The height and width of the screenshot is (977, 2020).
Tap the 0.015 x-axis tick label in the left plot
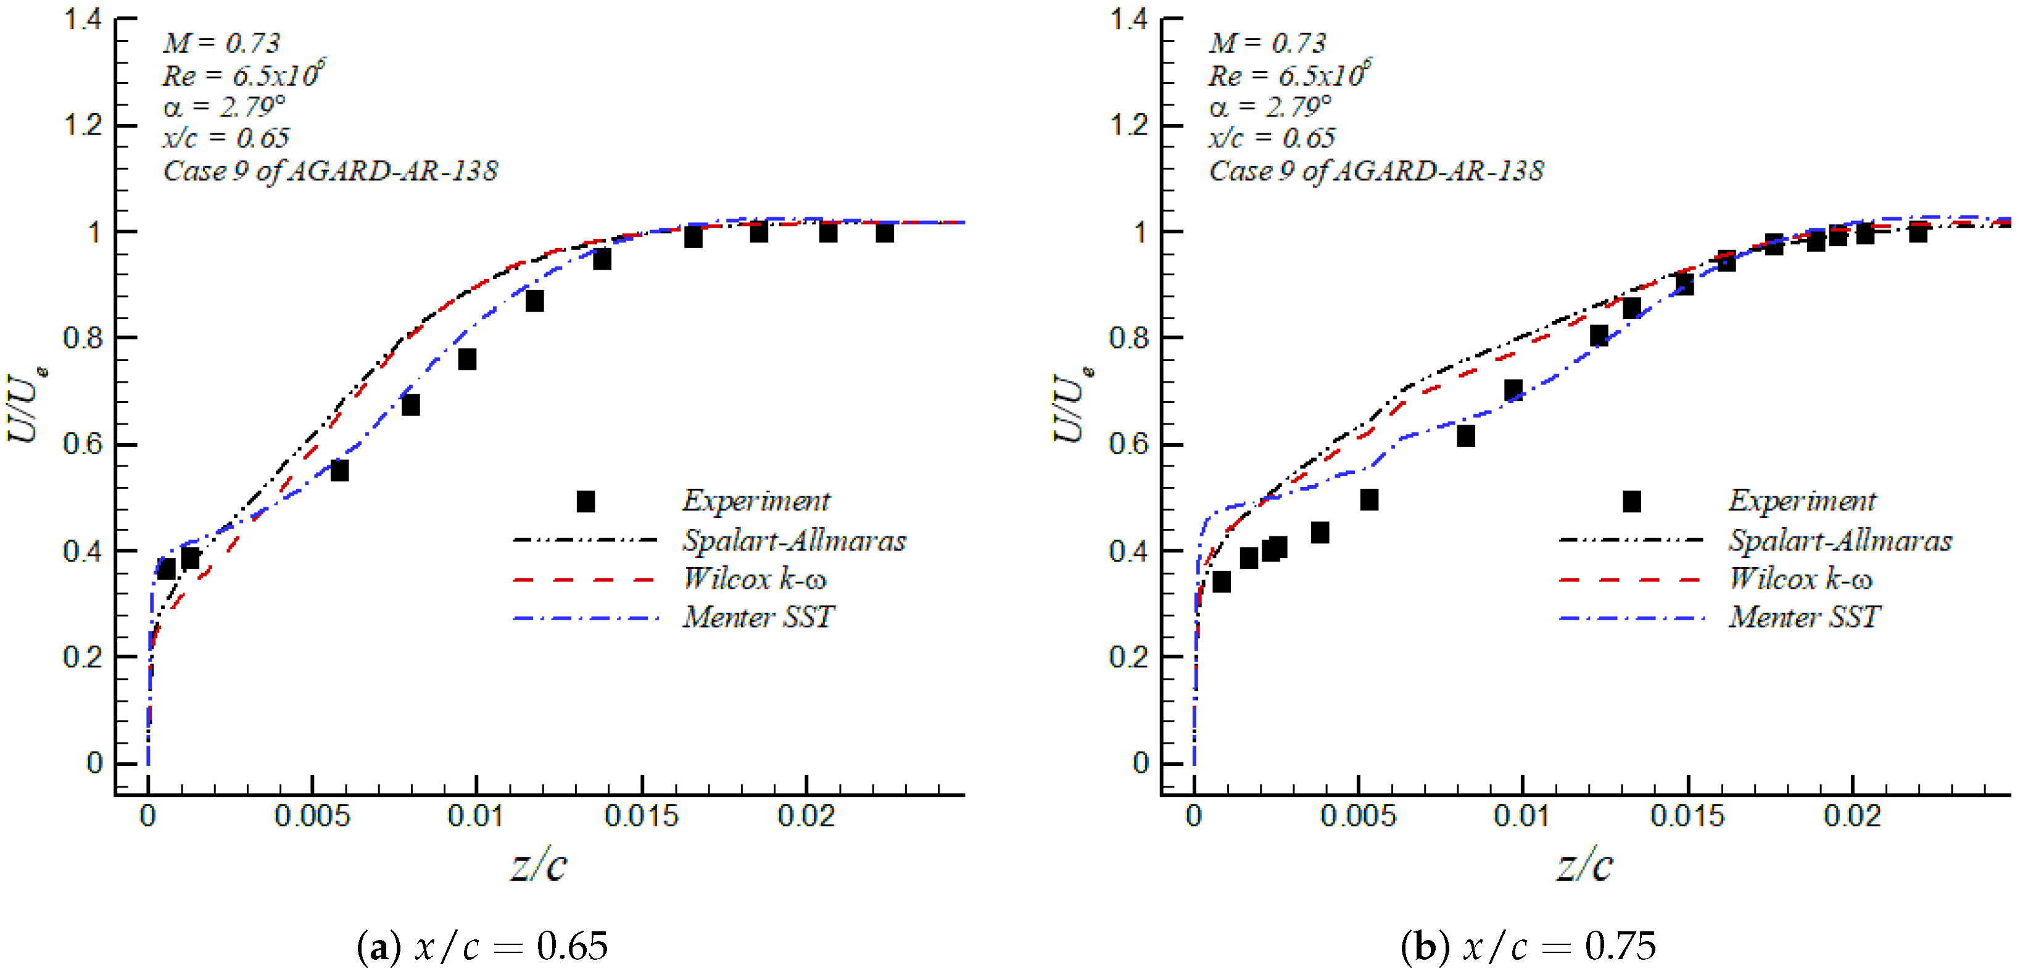pos(640,817)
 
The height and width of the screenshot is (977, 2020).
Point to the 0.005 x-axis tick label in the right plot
pos(1357,817)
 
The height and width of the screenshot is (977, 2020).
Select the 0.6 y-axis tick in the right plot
pos(1128,444)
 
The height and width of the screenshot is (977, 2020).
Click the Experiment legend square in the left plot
pos(586,501)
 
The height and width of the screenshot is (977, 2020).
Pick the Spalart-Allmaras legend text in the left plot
pos(793,540)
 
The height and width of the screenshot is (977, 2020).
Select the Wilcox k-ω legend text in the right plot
pos(1800,579)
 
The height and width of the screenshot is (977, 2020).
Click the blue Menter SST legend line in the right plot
pos(1631,618)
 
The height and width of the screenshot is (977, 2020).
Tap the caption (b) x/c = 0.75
pos(1528,946)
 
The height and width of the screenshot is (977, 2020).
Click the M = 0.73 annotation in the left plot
pos(221,43)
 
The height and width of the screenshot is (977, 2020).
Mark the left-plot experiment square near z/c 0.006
pos(339,470)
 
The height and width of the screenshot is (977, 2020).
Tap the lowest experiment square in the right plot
pos(1221,582)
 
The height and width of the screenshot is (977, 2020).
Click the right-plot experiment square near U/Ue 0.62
pos(1465,436)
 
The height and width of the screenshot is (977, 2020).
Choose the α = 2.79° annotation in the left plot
pos(224,107)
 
